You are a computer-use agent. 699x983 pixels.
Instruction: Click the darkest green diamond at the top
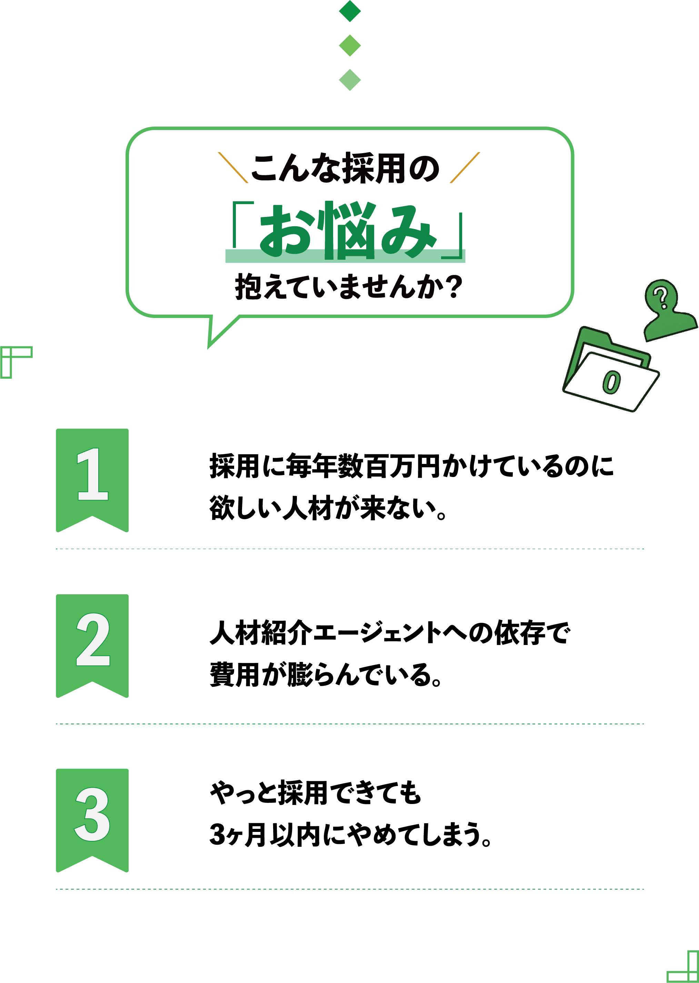click(350, 11)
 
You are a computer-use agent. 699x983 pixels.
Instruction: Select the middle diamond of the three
click(350, 45)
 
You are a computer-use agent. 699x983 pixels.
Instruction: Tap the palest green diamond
click(350, 80)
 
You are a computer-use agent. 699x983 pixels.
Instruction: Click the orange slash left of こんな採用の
click(233, 167)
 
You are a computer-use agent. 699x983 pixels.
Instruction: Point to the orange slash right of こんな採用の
click(465, 167)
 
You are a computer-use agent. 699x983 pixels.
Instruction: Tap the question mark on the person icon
click(660, 297)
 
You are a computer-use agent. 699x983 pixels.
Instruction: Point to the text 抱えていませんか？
click(349, 287)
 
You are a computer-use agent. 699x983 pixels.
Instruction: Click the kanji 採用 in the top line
click(373, 168)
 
